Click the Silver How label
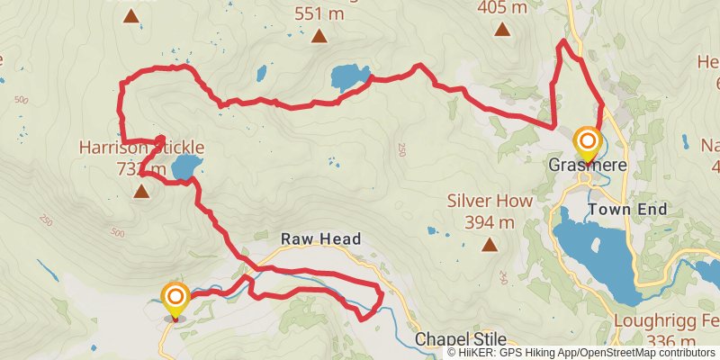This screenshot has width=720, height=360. point(490,202)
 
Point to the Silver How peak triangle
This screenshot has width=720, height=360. point(490,244)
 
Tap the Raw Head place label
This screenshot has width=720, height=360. point(320,238)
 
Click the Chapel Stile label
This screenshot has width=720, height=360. point(461,340)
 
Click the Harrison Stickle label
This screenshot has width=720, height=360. point(141,147)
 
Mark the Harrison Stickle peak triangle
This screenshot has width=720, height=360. point(141,191)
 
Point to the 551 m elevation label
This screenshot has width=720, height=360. point(319,13)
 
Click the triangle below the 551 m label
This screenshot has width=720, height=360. point(319,36)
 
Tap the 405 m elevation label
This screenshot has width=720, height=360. point(501,7)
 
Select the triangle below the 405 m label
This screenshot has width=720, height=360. point(501,29)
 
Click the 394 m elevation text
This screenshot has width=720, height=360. point(490,221)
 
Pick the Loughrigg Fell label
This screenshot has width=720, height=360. point(666,322)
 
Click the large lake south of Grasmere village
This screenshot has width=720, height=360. point(594,247)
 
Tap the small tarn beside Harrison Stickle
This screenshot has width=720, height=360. point(185,166)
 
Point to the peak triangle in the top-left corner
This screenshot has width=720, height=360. point(131,15)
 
